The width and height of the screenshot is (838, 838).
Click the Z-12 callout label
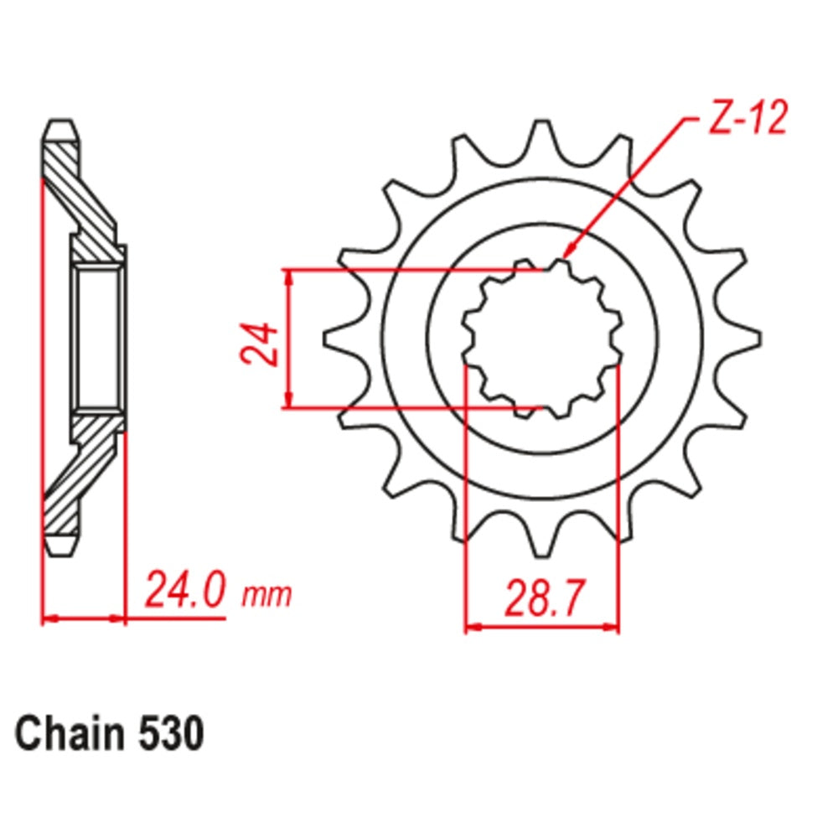click(747, 120)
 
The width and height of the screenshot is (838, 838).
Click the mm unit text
click(266, 595)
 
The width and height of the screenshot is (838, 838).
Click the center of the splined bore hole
click(542, 339)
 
